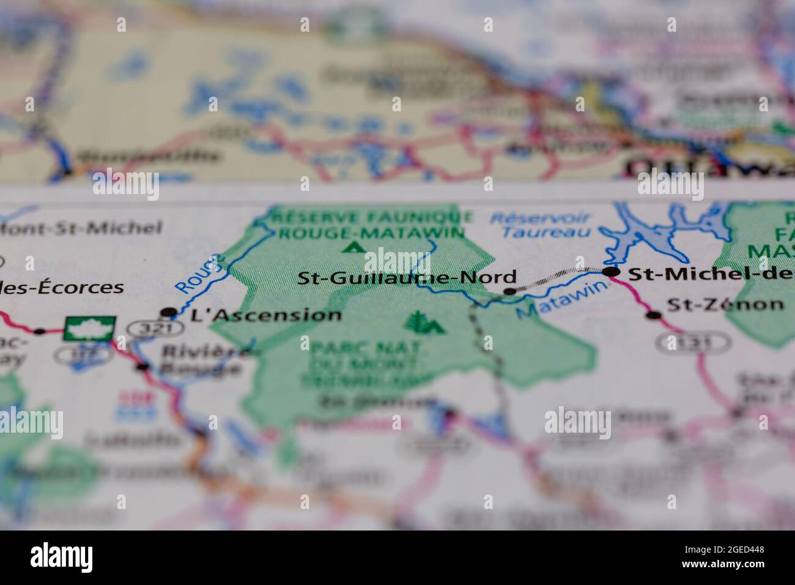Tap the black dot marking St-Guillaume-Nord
click(x=509, y=291)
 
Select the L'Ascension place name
click(x=266, y=316)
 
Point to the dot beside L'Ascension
click(x=168, y=313)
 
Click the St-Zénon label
click(x=725, y=304)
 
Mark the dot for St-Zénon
click(x=654, y=316)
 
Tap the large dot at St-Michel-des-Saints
click(x=611, y=272)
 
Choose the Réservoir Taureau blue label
click(x=541, y=224)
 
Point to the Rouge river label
click(x=197, y=275)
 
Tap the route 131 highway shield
click(x=692, y=343)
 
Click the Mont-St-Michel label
click(x=81, y=229)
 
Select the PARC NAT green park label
click(x=366, y=348)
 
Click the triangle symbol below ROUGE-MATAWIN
click(x=352, y=247)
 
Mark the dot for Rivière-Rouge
click(x=142, y=367)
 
